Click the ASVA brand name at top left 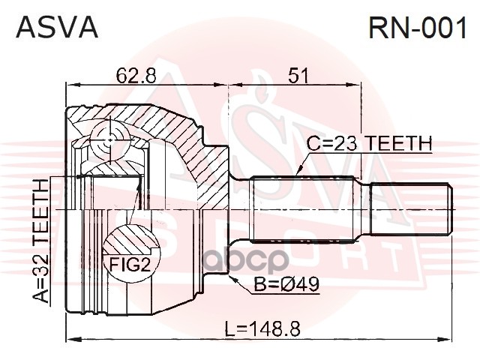pyautogui.click(x=57, y=27)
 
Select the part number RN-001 pyautogui.click(x=418, y=27)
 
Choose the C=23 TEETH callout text pyautogui.click(x=370, y=143)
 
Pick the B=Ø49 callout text pyautogui.click(x=286, y=284)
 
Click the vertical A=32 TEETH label pyautogui.click(x=40, y=241)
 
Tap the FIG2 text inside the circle pyautogui.click(x=130, y=265)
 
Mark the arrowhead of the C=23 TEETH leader pyautogui.click(x=300, y=170)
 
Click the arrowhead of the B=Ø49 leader pyautogui.click(x=232, y=278)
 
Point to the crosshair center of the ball pyautogui.click(x=110, y=140)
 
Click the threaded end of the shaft pyautogui.click(x=412, y=209)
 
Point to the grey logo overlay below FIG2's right pyautogui.click(x=246, y=260)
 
